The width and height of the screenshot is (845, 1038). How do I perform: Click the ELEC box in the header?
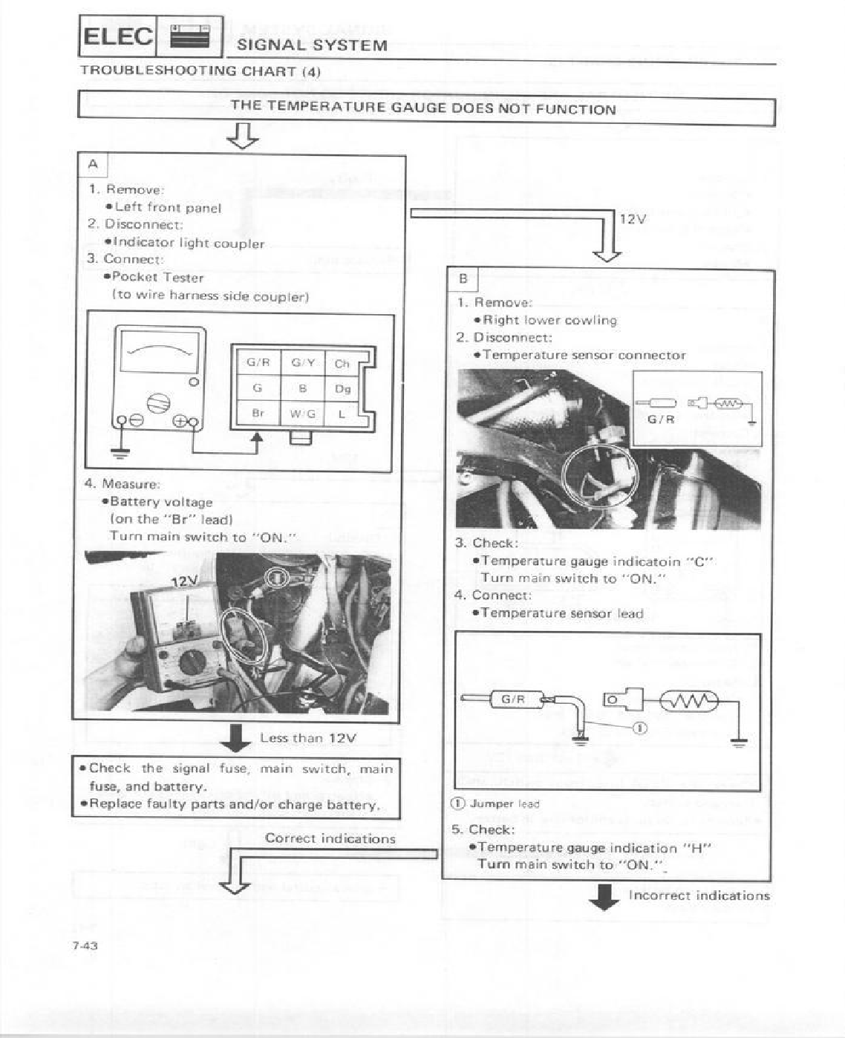point(117,36)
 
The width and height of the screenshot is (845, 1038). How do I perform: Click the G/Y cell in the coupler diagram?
point(302,362)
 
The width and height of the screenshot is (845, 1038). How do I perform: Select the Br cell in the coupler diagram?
point(257,413)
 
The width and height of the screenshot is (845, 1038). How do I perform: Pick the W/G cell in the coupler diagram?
point(302,414)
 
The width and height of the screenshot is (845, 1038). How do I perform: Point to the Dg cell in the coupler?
point(342,388)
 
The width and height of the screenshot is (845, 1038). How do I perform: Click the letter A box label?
point(93,164)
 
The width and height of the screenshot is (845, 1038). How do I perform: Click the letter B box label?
point(463,279)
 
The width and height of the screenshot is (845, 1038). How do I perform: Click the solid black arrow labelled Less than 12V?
point(236,737)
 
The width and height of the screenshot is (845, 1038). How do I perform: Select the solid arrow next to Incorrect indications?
point(605,896)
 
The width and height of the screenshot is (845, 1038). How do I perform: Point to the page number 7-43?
point(85,945)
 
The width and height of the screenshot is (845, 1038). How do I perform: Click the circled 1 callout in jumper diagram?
point(641,728)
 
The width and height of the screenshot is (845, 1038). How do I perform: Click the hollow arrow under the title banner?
point(243,136)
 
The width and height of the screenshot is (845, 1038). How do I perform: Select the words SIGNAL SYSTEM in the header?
point(312,45)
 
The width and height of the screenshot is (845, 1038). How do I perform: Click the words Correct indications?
point(330,838)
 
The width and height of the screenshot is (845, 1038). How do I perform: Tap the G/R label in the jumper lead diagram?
point(513,699)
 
